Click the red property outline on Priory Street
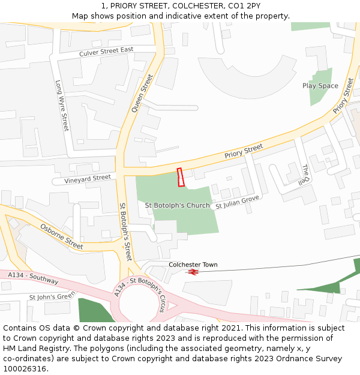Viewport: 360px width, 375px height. tap(181, 178)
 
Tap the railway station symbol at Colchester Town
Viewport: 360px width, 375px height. tap(193, 272)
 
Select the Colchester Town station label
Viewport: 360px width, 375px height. tap(193, 265)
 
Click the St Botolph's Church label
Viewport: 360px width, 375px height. tap(178, 205)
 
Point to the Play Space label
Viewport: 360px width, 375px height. tap(320, 86)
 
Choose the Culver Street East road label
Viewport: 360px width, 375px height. tap(106, 53)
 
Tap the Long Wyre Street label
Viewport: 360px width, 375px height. tap(62, 106)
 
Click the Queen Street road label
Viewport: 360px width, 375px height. tap(143, 93)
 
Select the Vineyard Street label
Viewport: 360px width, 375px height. tap(82, 179)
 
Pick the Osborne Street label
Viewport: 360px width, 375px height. tap(62, 236)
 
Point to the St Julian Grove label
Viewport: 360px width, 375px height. tap(237, 201)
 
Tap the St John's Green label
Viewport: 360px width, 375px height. tap(52, 296)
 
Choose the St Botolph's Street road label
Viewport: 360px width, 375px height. tap(125, 232)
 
